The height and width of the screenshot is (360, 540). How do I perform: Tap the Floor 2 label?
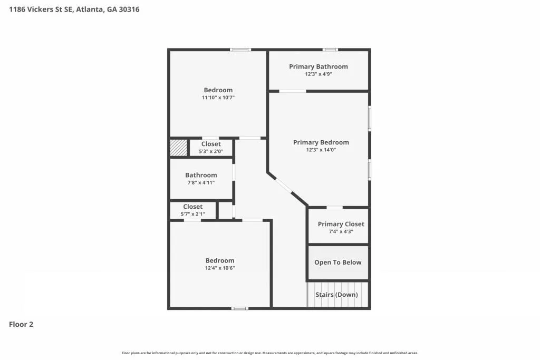tap(21, 324)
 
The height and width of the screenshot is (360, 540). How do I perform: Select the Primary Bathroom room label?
tap(318, 66)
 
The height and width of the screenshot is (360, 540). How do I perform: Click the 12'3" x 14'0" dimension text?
tap(321, 150)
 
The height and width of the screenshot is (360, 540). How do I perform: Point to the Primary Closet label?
tap(341, 224)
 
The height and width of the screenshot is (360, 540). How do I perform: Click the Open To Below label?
tap(338, 262)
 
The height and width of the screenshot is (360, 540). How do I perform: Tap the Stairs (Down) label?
tap(336, 295)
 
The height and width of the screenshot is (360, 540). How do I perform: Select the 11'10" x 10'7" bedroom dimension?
tap(218, 98)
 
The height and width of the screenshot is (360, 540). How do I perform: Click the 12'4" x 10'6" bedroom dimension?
tap(220, 268)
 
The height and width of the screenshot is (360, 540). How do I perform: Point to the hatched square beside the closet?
tap(179, 148)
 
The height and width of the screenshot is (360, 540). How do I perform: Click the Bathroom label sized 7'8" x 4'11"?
tap(201, 175)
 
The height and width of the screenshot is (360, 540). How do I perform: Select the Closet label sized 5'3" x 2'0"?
tap(211, 144)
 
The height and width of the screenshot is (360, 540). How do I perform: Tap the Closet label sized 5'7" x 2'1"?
tap(193, 207)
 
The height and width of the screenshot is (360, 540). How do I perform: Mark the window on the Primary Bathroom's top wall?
tap(330, 50)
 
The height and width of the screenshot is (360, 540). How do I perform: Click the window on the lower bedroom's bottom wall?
tap(240, 308)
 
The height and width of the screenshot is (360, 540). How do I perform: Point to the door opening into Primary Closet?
tap(334, 208)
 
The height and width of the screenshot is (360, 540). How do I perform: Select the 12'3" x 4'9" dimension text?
tap(318, 74)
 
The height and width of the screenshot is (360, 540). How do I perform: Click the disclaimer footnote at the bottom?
tap(269, 353)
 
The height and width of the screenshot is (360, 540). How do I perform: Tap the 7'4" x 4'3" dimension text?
tap(341, 231)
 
